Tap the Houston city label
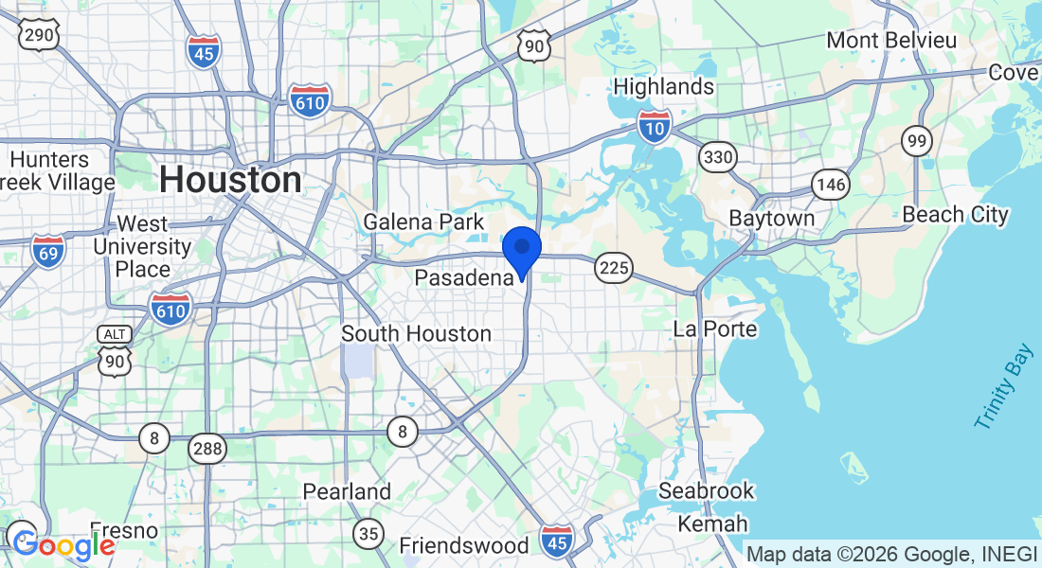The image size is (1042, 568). [x=230, y=179]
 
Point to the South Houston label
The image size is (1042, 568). [x=416, y=333]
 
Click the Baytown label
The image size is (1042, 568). [x=771, y=218]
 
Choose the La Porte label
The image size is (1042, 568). [x=715, y=329]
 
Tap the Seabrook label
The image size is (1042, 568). [x=707, y=490]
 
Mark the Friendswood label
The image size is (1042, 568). [x=463, y=545]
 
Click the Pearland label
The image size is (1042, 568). [x=347, y=491]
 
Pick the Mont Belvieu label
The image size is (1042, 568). [x=891, y=40]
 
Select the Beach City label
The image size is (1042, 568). [x=955, y=215]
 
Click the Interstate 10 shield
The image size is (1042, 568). [x=655, y=125]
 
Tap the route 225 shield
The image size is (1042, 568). [x=614, y=268]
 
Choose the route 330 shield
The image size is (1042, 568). [x=718, y=156]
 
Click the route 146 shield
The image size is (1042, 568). [x=830, y=184]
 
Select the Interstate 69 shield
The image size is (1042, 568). [x=47, y=252]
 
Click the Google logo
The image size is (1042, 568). [x=63, y=545]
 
